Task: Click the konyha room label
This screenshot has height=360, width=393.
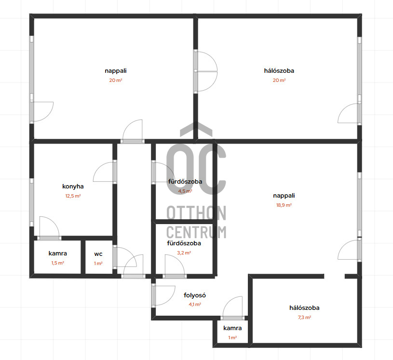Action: (x=73, y=187)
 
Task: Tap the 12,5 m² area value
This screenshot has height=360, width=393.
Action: (x=73, y=196)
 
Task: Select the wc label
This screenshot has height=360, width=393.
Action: (x=98, y=254)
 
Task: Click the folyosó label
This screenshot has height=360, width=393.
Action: (x=195, y=295)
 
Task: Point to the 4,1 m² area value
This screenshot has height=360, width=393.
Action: (x=195, y=305)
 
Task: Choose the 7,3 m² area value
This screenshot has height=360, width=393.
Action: (x=304, y=318)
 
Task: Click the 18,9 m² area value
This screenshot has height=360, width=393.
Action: (x=284, y=205)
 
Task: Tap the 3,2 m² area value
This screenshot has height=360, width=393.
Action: (x=184, y=253)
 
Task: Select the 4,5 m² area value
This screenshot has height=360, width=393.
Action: (x=185, y=191)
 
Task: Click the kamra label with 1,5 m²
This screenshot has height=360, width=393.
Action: (x=58, y=253)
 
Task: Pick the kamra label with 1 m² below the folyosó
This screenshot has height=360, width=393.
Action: (x=232, y=328)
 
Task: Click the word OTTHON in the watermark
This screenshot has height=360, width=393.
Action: (x=196, y=213)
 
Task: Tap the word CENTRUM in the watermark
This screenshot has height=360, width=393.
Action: (x=196, y=232)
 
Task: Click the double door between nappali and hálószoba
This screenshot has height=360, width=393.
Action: (x=205, y=72)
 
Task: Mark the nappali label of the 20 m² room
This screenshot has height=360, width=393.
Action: (x=116, y=71)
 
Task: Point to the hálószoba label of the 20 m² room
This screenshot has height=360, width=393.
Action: (x=279, y=71)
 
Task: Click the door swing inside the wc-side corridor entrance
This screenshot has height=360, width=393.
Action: (x=134, y=266)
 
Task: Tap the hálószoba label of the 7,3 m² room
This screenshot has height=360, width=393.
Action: (x=304, y=307)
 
